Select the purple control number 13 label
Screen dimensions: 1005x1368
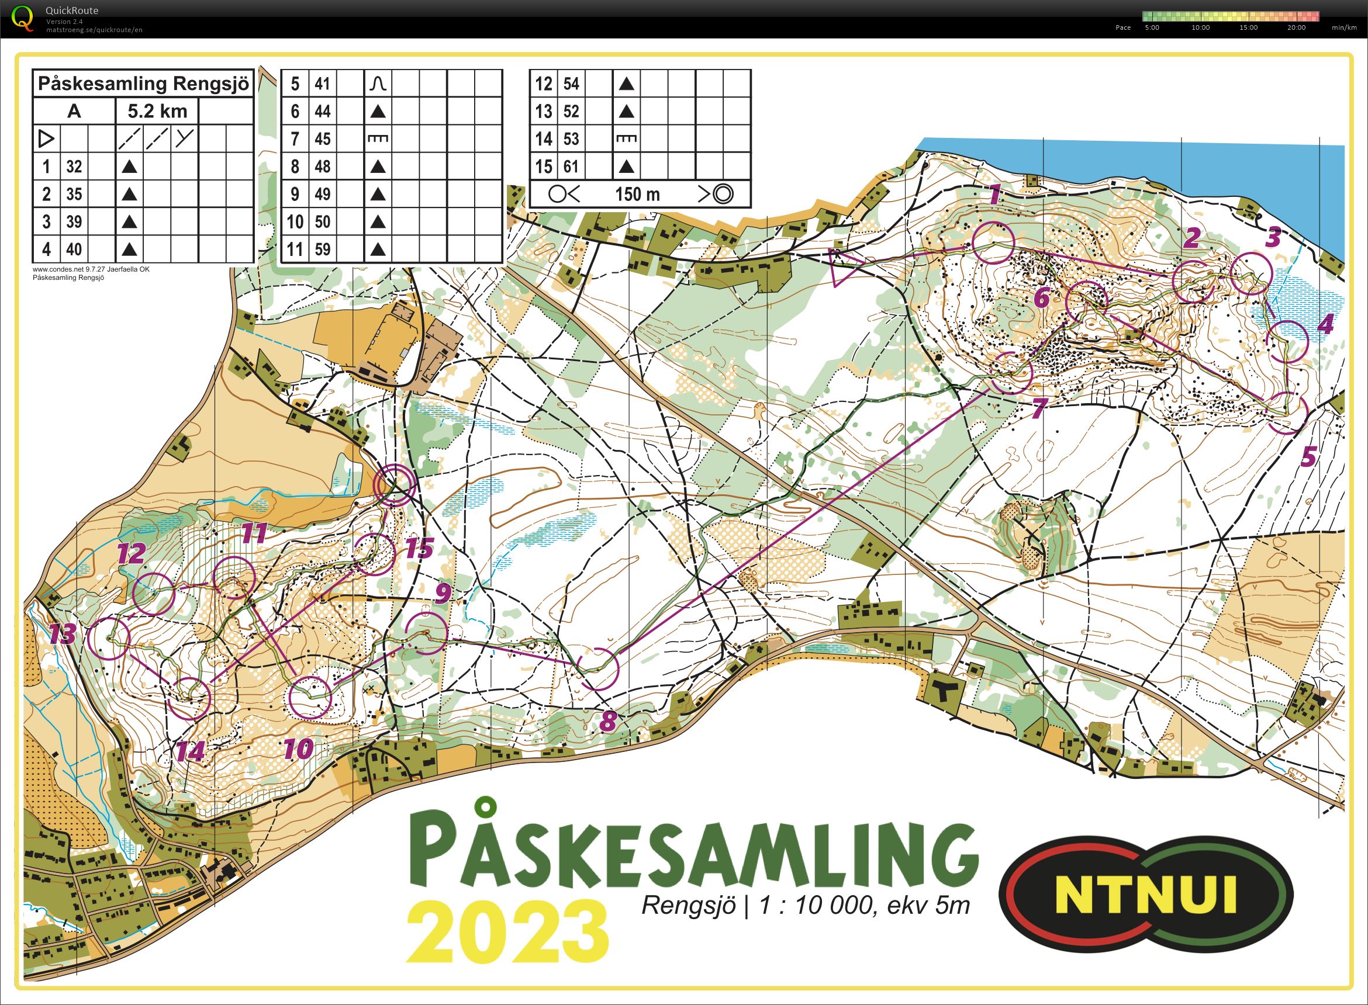[x=62, y=634]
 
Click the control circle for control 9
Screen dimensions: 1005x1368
[x=426, y=633]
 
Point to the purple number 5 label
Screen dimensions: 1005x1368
[x=1308, y=456]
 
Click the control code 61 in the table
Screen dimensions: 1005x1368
[x=571, y=166]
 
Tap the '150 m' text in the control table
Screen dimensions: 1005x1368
[x=637, y=194]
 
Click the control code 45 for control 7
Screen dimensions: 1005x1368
[x=323, y=138]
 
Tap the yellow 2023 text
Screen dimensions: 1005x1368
[x=508, y=931]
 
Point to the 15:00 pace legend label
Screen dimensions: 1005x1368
[x=1248, y=27]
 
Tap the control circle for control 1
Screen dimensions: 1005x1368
[x=993, y=242]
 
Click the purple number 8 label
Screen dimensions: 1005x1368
[x=608, y=722]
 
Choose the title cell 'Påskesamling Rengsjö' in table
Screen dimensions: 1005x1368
[x=143, y=84]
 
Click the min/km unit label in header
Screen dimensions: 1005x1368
[x=1344, y=27]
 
